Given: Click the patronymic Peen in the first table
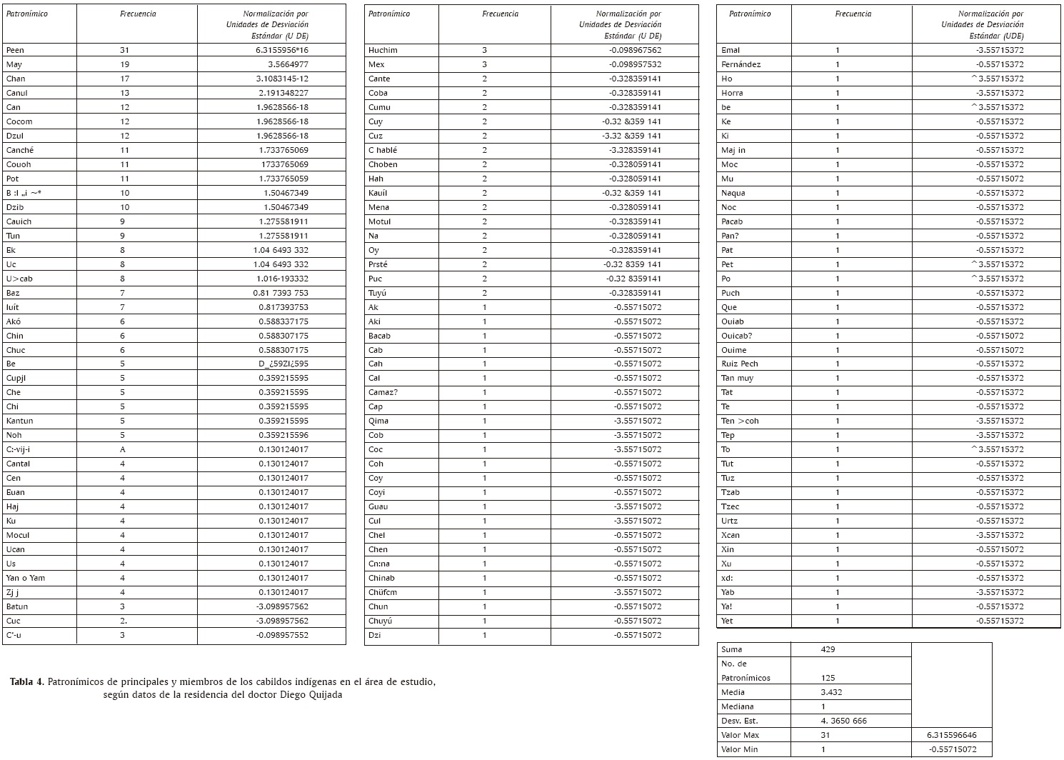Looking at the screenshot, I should (x=15, y=50).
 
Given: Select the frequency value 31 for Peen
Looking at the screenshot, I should (x=125, y=50).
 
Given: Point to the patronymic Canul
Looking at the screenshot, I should (x=16, y=93).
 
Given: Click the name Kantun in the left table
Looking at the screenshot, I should (x=19, y=421).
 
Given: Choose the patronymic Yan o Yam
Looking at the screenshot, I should (x=25, y=578).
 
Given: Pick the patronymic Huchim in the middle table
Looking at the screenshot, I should (x=383, y=50).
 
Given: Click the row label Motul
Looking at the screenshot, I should (x=379, y=221).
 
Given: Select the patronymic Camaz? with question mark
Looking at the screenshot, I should (x=383, y=392).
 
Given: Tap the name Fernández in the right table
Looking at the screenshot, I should (x=741, y=64).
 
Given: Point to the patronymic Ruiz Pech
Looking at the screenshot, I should (x=739, y=364).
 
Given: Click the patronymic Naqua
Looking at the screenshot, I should (x=733, y=193).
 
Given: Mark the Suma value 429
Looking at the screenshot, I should (x=828, y=649).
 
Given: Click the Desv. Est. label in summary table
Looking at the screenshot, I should (x=737, y=721).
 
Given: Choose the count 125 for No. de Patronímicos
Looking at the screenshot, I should (x=828, y=678).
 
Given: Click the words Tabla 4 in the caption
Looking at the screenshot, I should (x=27, y=681).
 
